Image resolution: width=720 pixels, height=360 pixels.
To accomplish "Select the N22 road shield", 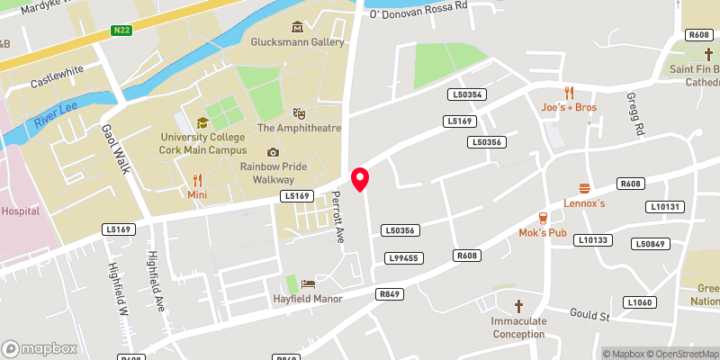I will click(123, 31).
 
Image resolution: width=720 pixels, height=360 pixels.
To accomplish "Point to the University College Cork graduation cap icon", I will click(202, 122).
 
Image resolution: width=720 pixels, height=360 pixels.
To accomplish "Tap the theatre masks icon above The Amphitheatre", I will click(299, 113).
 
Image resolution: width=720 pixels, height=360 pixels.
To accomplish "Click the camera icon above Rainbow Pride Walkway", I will click(273, 152).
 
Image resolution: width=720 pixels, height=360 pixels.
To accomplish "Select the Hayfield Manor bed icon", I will click(309, 284).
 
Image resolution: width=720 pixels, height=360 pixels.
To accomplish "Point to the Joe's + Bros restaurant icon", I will click(569, 93).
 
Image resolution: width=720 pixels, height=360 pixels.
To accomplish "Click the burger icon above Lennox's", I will click(584, 188).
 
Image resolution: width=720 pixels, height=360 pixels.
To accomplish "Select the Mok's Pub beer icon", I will click(543, 218).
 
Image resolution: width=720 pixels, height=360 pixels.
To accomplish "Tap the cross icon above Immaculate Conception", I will click(518, 306).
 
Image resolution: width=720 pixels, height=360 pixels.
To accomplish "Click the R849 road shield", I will click(389, 294).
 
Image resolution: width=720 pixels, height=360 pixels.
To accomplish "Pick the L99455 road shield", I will click(402, 258).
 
